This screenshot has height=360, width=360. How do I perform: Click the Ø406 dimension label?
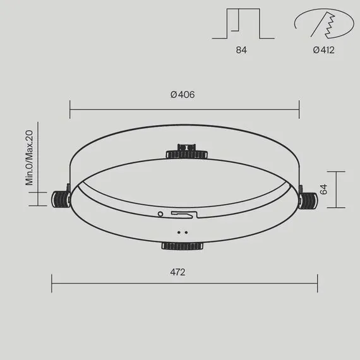coord(182,95)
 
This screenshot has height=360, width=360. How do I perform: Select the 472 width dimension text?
coord(177,272)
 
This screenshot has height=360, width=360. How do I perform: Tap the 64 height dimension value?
coord(323,189)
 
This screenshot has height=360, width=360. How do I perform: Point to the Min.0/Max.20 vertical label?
coord(29,157)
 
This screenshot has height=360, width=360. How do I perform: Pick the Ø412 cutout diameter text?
coord(323,50)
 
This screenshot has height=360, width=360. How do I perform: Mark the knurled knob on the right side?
coord(308,200)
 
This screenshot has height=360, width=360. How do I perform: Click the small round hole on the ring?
coord(160,214)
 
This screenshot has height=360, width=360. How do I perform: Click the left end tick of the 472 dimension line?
coord(52,283)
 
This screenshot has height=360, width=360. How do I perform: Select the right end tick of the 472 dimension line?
coord(318,283)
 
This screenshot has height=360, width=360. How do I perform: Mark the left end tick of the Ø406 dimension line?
coord(70,109)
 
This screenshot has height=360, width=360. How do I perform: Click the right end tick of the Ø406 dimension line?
coord(299,109)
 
